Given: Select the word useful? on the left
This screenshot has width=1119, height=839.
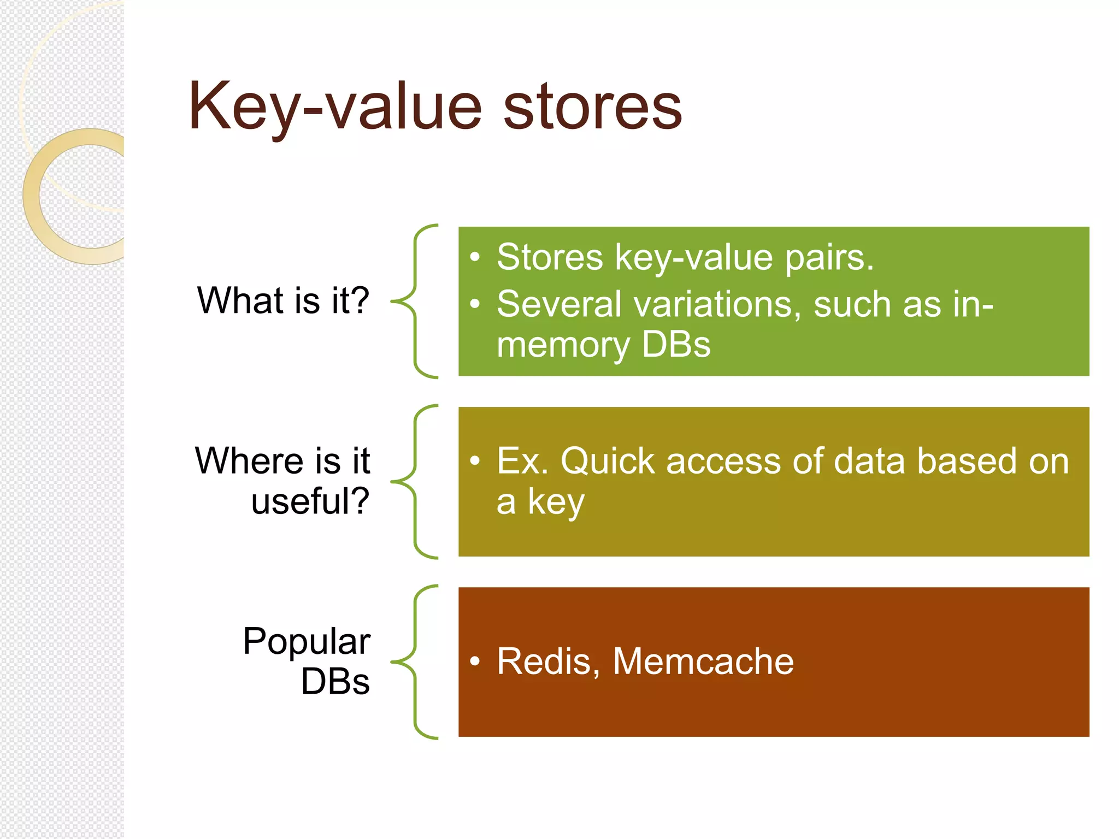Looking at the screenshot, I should [310, 501].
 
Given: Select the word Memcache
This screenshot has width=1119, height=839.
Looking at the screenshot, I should [703, 661].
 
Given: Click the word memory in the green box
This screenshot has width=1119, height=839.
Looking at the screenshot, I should [563, 345].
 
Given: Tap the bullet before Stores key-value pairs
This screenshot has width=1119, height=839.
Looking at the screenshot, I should [475, 257].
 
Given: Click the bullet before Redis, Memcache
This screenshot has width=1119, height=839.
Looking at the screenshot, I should [475, 661].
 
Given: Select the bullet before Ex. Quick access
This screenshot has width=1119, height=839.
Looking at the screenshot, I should [475, 460].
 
